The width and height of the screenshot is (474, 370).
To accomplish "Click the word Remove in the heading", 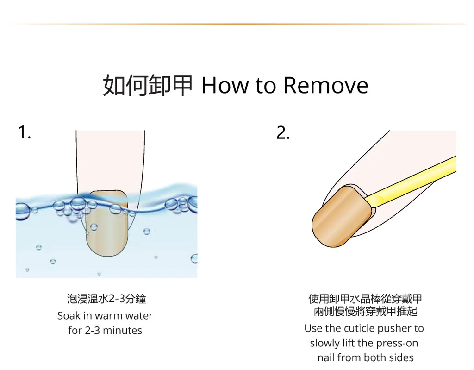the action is (x=326, y=85).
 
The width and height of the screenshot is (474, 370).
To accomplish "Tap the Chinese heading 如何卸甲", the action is (x=148, y=85).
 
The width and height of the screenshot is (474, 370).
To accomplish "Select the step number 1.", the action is (x=24, y=132).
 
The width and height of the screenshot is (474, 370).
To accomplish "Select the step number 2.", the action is (x=283, y=132).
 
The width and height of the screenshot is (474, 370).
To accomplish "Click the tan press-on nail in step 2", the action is (x=342, y=217).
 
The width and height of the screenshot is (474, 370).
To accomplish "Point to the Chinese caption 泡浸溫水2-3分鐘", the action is (x=106, y=299).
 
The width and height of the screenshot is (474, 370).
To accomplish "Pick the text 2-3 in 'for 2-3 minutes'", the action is (x=92, y=330).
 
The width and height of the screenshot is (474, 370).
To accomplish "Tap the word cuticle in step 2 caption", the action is (x=359, y=328).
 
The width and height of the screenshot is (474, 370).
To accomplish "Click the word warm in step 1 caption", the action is (x=108, y=315).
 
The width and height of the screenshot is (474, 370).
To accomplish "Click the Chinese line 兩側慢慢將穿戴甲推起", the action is (x=366, y=311).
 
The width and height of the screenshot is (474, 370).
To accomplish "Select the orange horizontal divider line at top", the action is (x=237, y=24).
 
